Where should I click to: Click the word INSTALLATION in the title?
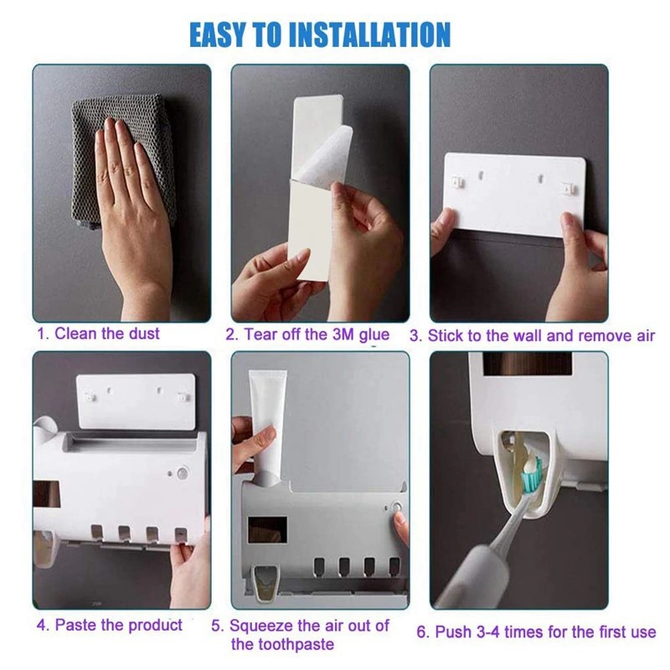tap(370, 34)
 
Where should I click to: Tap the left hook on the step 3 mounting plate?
tap(458, 182)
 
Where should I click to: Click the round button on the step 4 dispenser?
tap(183, 473)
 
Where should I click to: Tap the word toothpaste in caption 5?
tap(282, 644)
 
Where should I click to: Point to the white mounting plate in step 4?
tap(136, 402)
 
